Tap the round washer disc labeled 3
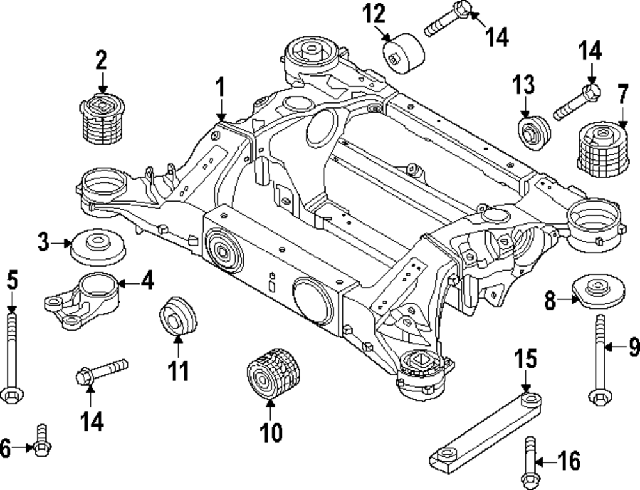[x=97, y=246]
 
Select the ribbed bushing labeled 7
[x=601, y=150]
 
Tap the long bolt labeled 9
[x=600, y=358]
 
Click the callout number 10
[x=271, y=433]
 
